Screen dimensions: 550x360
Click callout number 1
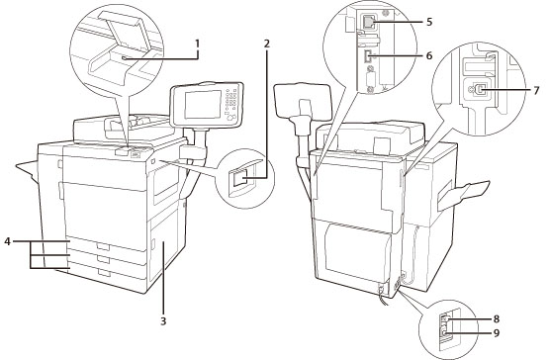click(197, 44)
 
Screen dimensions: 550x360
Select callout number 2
click(267, 44)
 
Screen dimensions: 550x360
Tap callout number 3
click(163, 320)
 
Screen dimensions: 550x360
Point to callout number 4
click(7, 241)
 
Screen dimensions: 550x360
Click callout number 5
click(429, 22)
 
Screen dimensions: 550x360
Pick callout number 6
click(429, 55)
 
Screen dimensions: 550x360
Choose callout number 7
click(536, 90)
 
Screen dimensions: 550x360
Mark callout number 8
click(496, 319)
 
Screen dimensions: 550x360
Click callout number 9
click(496, 332)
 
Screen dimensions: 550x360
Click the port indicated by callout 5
click(367, 22)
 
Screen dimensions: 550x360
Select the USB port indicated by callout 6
click(367, 56)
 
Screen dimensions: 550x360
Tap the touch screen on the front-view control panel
click(203, 104)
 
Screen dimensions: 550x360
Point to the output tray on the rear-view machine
click(462, 195)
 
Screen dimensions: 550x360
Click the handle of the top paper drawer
click(104, 247)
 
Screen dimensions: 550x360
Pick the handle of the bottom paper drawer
click(104, 273)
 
